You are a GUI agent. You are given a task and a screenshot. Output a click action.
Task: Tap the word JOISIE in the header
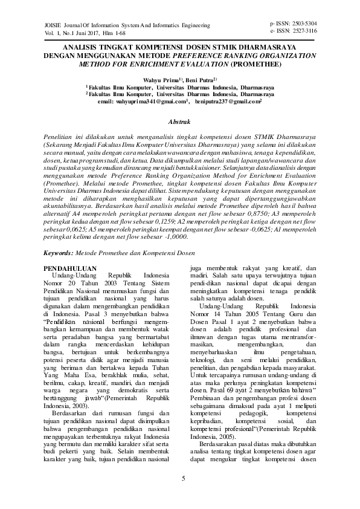pyautogui.click(x=47, y=26)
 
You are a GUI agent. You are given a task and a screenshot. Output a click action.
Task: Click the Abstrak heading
pyautogui.click(x=180, y=122)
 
